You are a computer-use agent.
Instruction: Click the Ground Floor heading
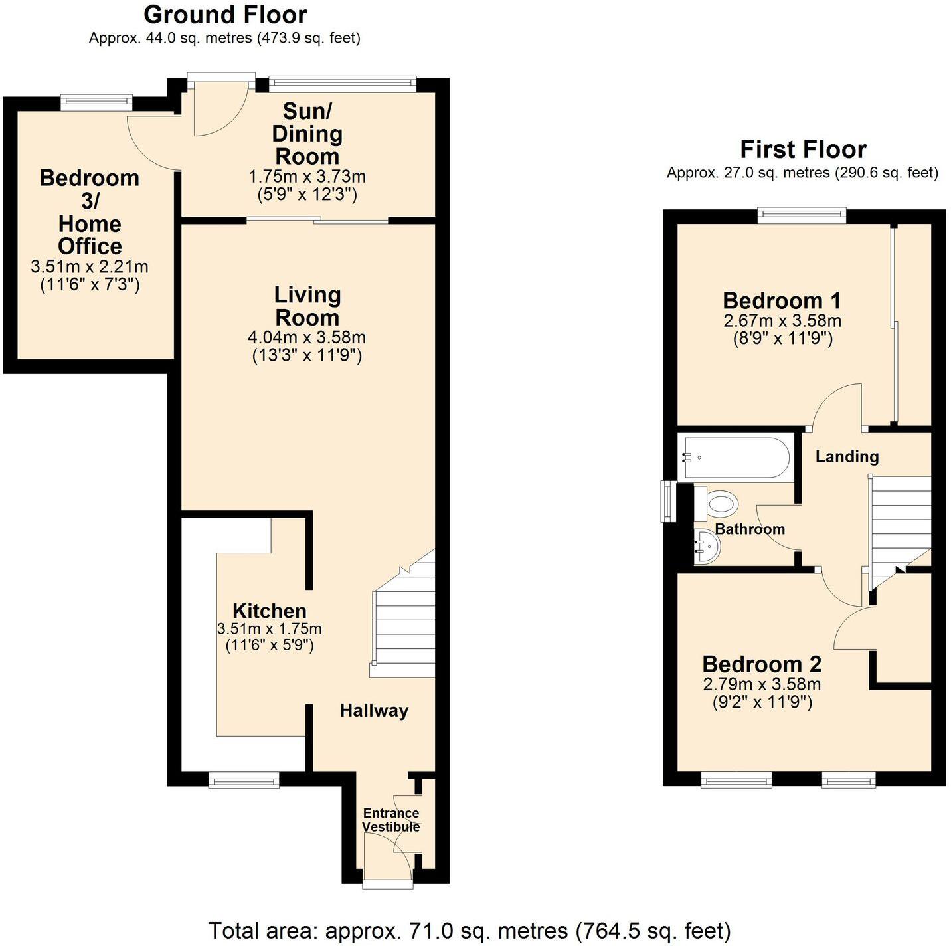click(x=225, y=15)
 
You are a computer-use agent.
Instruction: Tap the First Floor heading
click(x=802, y=149)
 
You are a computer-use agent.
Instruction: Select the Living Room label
click(x=307, y=306)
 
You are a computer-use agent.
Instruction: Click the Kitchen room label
click(x=269, y=611)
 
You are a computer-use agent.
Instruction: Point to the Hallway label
click(x=374, y=711)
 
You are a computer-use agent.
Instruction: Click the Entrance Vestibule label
click(x=390, y=820)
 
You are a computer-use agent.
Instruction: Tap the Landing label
click(x=847, y=456)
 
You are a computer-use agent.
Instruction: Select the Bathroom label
click(x=750, y=529)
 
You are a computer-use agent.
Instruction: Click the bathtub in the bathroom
click(x=734, y=458)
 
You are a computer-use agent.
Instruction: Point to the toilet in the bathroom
click(x=717, y=504)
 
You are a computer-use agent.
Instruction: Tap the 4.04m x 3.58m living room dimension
click(x=307, y=337)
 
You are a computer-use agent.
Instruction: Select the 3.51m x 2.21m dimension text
click(x=90, y=267)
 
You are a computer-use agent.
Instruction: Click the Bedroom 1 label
click(x=782, y=301)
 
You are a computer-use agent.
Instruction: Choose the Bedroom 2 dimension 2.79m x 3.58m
click(x=762, y=684)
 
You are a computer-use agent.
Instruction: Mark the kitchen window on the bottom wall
click(x=244, y=780)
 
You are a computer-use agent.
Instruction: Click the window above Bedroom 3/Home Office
click(x=96, y=102)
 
